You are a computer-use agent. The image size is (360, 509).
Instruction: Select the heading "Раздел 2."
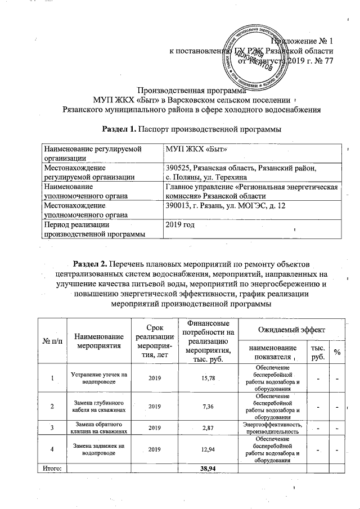pos(91,263)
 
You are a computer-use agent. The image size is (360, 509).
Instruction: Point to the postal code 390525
pos(178,168)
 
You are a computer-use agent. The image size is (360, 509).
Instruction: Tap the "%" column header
pos(337,352)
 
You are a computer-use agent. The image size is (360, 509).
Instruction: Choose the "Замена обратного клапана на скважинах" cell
pos(98,428)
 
